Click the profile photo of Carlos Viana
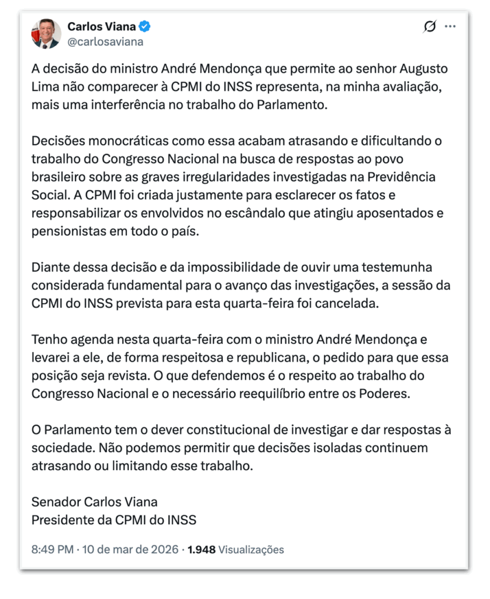[46, 34]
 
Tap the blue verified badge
[146, 27]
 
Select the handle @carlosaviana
[105, 42]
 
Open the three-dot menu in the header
[450, 26]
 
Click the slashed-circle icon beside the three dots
[430, 26]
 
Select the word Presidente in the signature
[61, 520]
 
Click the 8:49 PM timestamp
[53, 550]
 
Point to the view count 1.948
[201, 550]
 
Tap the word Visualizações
[251, 550]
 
